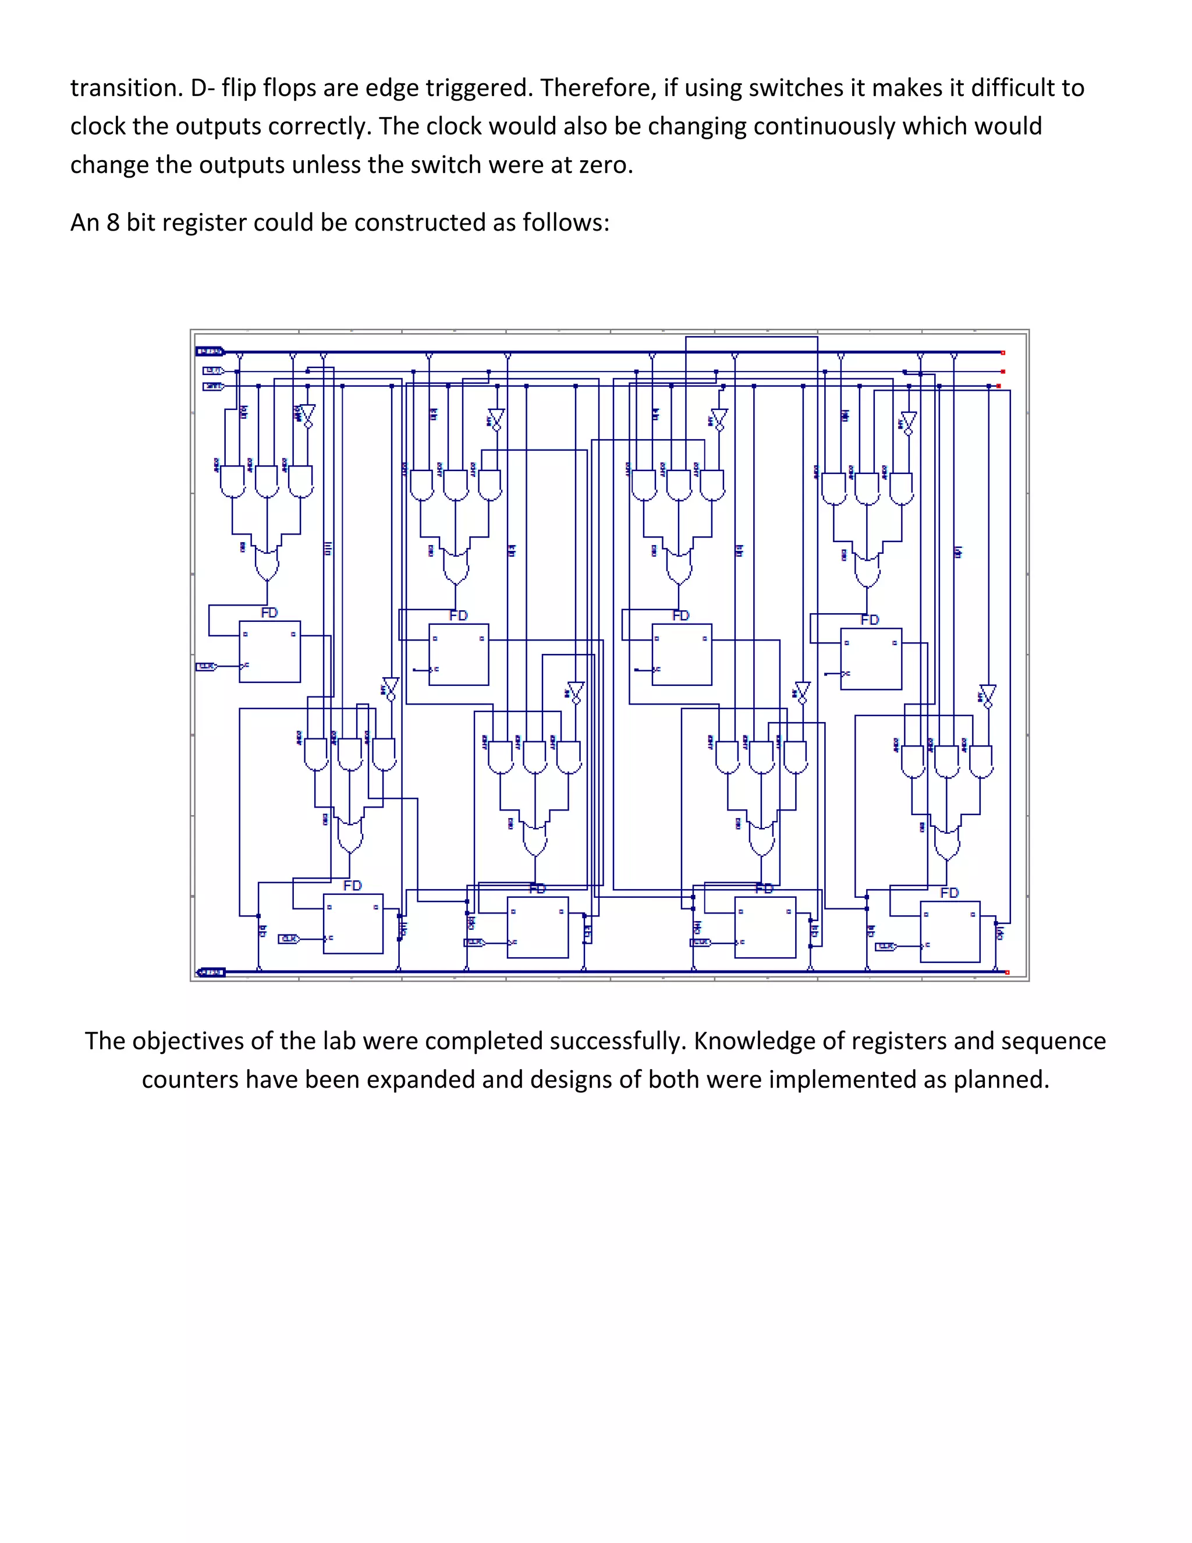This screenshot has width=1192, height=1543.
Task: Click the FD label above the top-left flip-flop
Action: [269, 613]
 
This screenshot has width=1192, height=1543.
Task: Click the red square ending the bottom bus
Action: [1007, 972]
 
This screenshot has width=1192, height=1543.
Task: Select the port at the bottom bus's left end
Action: [211, 972]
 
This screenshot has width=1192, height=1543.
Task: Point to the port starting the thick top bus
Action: [209, 351]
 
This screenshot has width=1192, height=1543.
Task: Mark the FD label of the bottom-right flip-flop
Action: [949, 893]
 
